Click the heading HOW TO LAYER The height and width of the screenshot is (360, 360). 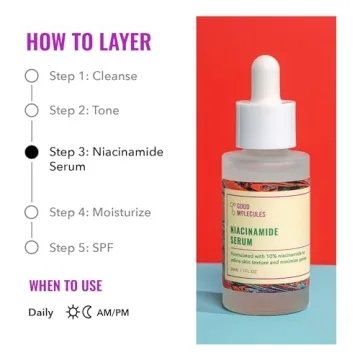88,42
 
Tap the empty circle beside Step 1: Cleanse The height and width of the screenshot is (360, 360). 31,76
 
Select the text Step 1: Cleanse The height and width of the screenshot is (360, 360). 94,76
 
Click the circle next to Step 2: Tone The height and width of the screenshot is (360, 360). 31,111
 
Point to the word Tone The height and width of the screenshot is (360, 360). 105,111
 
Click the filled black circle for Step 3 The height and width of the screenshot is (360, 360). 31,152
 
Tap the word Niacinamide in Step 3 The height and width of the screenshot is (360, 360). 127,152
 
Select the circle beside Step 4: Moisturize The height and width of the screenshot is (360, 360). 31,212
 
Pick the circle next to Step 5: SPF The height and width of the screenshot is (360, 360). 31,246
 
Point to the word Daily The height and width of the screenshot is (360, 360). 41,312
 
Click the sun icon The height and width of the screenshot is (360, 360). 72,312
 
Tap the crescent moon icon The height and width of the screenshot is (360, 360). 86,312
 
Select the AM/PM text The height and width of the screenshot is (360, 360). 114,312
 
